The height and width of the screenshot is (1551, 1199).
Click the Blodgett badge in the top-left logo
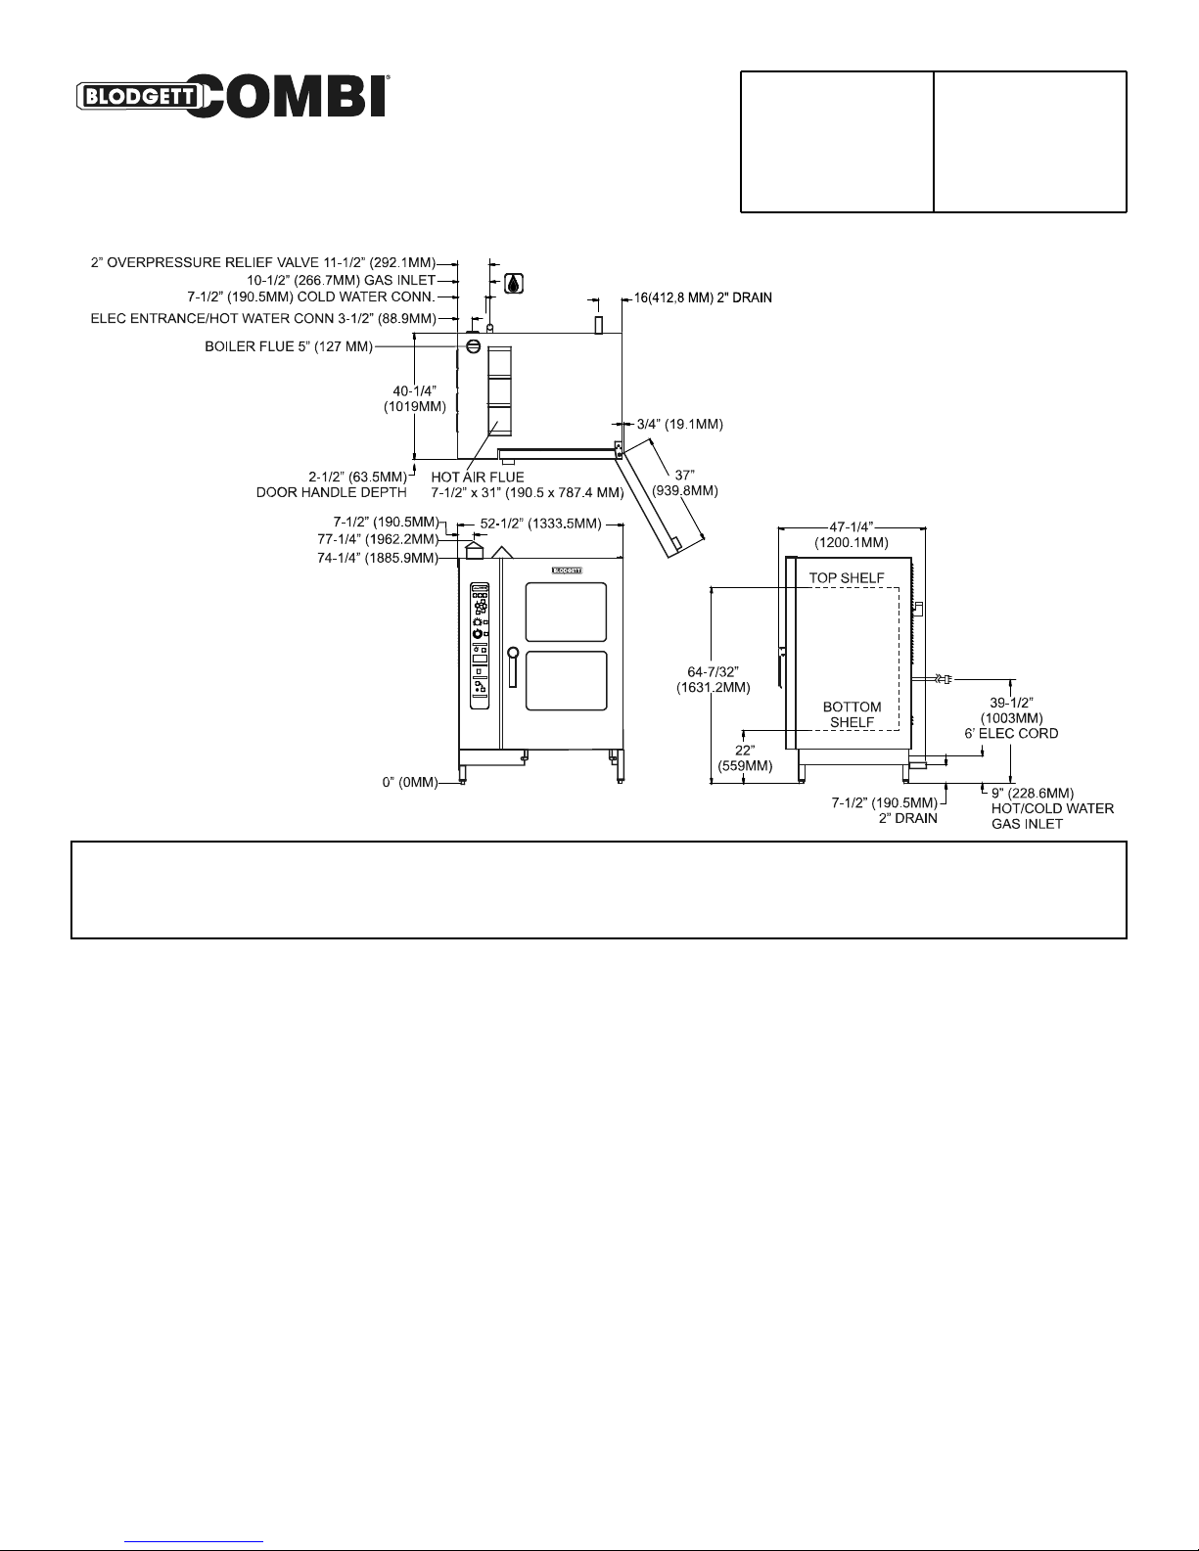click(138, 96)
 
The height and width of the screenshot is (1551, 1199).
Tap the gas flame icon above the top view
click(514, 284)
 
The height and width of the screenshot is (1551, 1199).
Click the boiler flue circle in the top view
click(473, 346)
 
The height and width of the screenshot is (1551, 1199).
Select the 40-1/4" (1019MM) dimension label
click(414, 399)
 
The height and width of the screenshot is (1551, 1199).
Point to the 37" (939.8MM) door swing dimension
click(685, 483)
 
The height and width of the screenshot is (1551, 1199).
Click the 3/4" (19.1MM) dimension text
click(680, 424)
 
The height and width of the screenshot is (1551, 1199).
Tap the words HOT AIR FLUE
click(478, 477)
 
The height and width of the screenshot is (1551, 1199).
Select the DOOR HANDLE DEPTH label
click(331, 492)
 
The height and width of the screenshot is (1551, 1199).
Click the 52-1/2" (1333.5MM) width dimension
click(540, 524)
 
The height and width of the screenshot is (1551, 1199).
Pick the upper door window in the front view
click(566, 612)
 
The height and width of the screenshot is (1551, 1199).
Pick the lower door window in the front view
click(566, 681)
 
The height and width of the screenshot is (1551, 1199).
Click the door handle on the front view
click(513, 667)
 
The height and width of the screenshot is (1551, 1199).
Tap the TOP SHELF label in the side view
click(847, 578)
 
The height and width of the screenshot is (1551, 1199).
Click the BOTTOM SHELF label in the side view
click(853, 714)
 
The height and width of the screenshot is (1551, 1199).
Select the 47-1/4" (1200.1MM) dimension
click(852, 534)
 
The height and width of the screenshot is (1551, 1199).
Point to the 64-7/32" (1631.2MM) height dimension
click(713, 679)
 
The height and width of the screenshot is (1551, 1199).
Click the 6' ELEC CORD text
click(1011, 733)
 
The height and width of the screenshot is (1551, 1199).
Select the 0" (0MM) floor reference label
click(410, 782)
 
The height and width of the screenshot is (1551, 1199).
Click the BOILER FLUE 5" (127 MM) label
click(289, 346)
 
